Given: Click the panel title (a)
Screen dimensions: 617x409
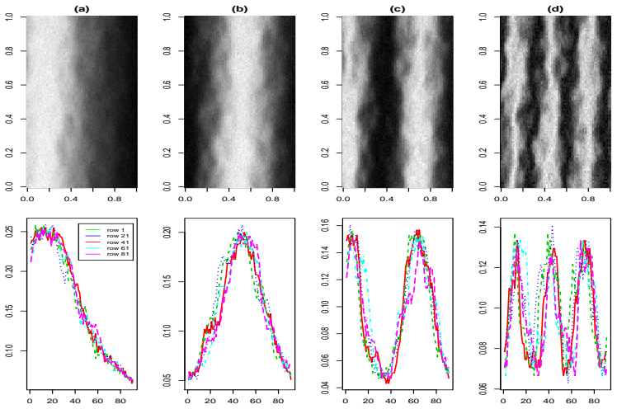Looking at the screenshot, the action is point(82,9).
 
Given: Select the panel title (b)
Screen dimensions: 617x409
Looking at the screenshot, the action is point(240,9).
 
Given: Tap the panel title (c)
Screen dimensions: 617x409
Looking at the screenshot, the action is point(397,9).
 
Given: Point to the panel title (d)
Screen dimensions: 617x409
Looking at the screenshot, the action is point(555,9).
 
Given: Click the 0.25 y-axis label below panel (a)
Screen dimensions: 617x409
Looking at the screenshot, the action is point(8,232).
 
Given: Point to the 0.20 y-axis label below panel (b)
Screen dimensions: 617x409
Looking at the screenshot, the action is point(167,232).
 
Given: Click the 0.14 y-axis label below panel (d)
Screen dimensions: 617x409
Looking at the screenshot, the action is point(483,228).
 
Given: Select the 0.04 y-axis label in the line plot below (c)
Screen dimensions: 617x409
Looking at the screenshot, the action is point(325,388).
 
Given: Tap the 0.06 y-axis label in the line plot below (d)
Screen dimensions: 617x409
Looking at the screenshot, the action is point(483,388).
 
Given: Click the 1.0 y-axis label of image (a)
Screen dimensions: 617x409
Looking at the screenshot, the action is point(8,16).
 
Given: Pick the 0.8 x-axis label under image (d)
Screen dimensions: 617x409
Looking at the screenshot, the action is point(588,199).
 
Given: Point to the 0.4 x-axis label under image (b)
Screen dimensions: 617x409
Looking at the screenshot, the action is point(228,199).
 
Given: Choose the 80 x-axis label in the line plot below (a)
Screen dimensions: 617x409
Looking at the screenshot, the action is point(120,401).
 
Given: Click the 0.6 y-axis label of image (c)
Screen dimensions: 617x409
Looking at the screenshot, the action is point(325,85).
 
